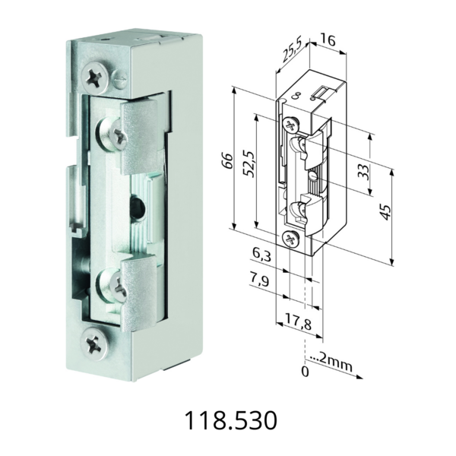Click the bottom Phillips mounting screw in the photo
coord(95,343)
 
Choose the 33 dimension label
coord(363,170)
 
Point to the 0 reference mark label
coord(305,373)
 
